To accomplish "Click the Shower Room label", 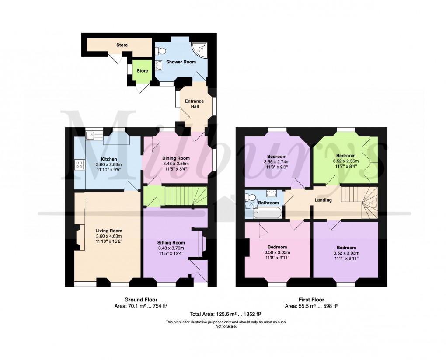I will (181, 62).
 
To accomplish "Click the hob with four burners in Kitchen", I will (80, 165).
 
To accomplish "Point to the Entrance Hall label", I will (194, 104).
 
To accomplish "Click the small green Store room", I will (142, 71).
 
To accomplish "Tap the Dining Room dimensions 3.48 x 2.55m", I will (176, 164).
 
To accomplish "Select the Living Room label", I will (109, 231).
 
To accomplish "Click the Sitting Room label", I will (171, 242).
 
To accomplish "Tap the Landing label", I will (324, 200).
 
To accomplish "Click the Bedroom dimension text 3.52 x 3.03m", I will (346, 252).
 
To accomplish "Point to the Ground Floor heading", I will (138, 300).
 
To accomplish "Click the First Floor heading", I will (311, 300).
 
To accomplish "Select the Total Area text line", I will (225, 314).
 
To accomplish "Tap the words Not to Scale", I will (225, 326).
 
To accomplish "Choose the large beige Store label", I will (122, 45).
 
